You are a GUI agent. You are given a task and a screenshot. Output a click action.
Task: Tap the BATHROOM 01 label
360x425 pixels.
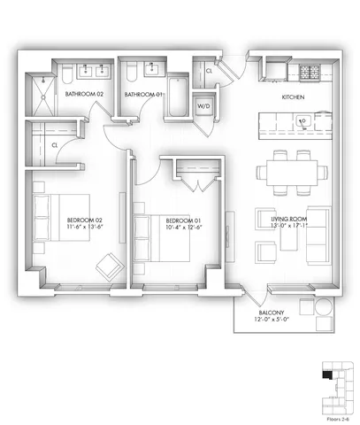coord(142,95)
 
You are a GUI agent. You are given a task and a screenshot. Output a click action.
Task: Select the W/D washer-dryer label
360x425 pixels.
coord(203,105)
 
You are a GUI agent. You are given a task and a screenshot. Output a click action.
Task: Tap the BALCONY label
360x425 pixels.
coord(272,313)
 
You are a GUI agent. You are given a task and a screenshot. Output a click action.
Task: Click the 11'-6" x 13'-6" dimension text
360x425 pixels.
coord(86,227)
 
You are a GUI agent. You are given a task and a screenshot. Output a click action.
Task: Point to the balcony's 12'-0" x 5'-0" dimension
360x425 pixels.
coord(272,321)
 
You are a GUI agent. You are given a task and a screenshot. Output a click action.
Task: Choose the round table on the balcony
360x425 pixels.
coord(308,312)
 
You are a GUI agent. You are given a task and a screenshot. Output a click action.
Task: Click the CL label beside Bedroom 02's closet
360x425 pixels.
coord(55,144)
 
